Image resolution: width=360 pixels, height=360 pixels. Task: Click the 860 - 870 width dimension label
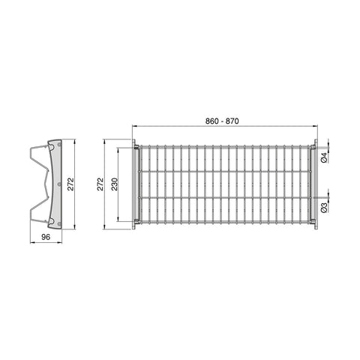point(222,121)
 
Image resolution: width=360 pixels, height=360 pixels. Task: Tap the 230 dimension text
point(115,184)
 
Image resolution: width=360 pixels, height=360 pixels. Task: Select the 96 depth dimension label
point(46,237)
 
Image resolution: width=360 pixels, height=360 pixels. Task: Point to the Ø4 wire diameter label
point(324,157)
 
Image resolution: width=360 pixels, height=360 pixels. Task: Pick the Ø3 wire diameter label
point(324,208)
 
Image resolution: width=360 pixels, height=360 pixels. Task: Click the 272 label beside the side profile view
point(71,184)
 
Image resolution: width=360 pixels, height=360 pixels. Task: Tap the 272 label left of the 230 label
point(100,184)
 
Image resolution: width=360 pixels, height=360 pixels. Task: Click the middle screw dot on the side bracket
point(59,184)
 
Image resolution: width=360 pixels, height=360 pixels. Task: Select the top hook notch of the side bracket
point(51,148)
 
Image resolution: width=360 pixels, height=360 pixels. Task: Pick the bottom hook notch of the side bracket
point(51,221)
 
